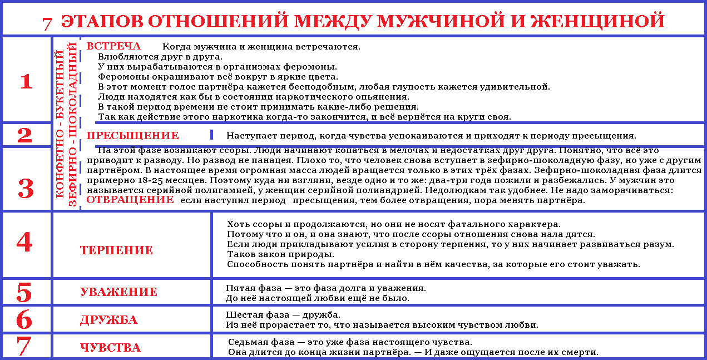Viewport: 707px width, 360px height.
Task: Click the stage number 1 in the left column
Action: [26, 82]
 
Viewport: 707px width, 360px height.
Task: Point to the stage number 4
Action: [24, 242]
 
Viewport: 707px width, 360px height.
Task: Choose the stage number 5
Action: [24, 292]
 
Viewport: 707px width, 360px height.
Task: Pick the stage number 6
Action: [24, 319]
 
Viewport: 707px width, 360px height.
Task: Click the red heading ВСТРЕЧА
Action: [113, 46]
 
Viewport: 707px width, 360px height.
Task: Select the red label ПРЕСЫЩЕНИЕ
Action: [132, 135]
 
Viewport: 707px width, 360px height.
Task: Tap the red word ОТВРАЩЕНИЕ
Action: [130, 200]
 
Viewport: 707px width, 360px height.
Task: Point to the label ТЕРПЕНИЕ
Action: [116, 250]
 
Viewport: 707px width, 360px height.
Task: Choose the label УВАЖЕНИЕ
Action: [118, 292]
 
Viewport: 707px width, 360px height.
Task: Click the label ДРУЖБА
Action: [108, 320]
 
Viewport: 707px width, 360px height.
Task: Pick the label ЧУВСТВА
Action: [110, 348]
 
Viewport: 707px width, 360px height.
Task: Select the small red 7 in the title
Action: [47, 23]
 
